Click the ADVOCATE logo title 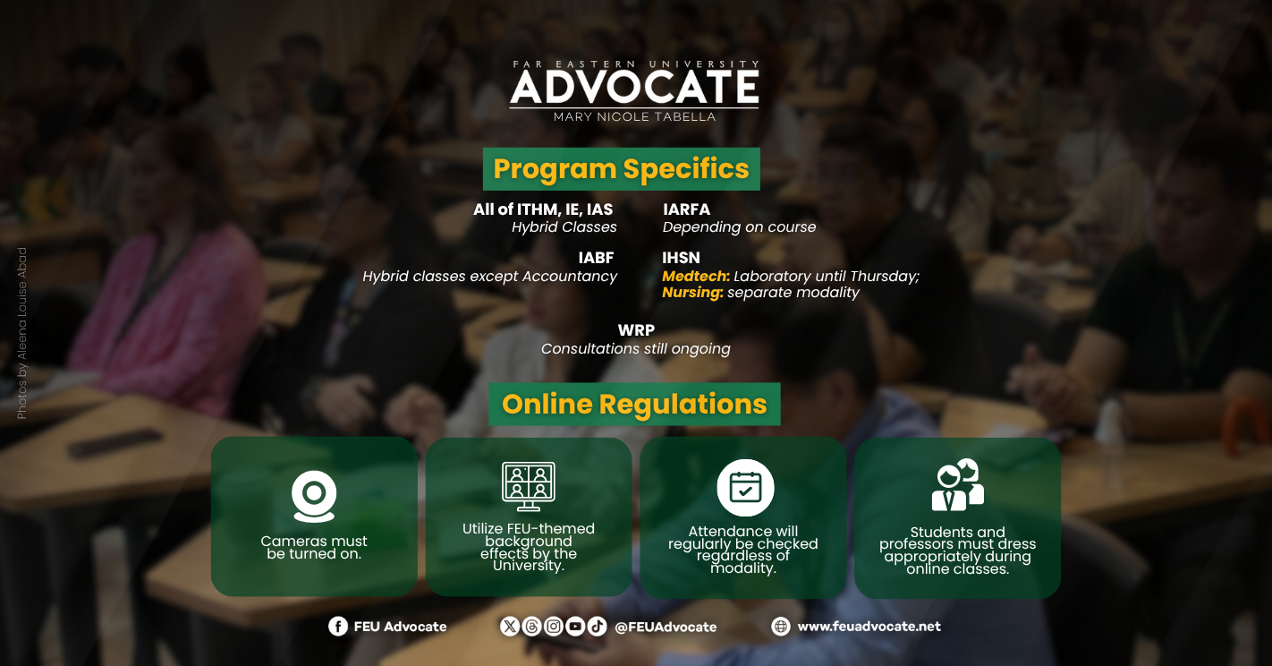(634, 87)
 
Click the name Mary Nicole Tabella (634, 117)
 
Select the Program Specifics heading (621, 169)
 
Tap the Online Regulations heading (634, 404)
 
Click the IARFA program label (686, 209)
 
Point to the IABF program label (597, 258)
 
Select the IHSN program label (681, 258)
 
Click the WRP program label (636, 330)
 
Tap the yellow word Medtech (696, 277)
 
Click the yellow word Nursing (692, 292)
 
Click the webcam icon (314, 496)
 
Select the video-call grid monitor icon (529, 486)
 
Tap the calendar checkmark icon (745, 488)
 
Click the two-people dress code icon (958, 484)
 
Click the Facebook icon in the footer (338, 627)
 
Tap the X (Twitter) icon (510, 627)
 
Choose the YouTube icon (575, 627)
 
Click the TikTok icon (597, 627)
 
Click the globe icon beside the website (781, 627)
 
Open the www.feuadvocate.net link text (869, 627)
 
